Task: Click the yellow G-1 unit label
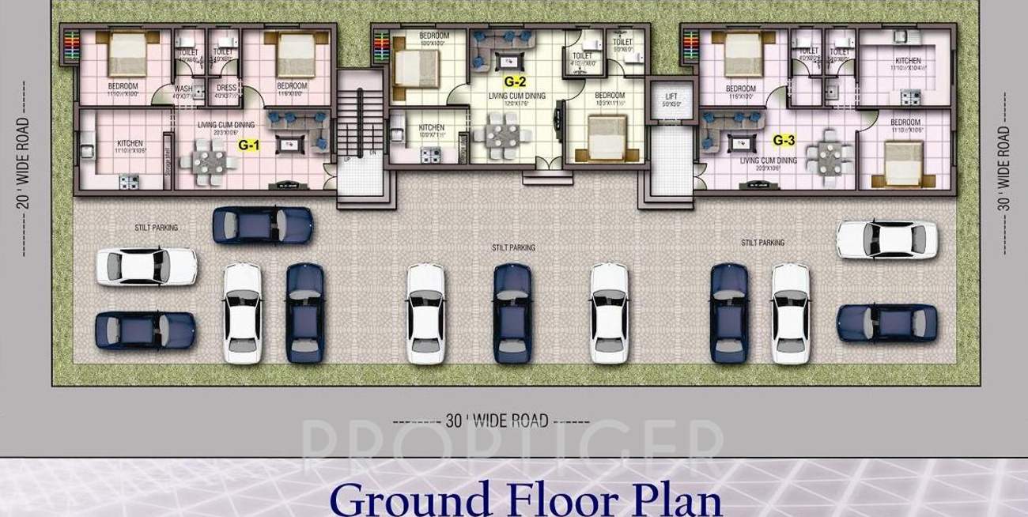250,145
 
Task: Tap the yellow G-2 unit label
515,81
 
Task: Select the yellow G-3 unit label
783,140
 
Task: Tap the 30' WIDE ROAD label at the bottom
496,421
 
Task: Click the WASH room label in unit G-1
183,89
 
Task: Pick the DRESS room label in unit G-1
226,89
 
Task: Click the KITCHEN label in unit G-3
908,61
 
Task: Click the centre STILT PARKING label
513,247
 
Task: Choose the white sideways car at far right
886,239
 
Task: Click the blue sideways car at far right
886,323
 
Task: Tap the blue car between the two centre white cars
512,313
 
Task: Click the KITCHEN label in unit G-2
431,127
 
